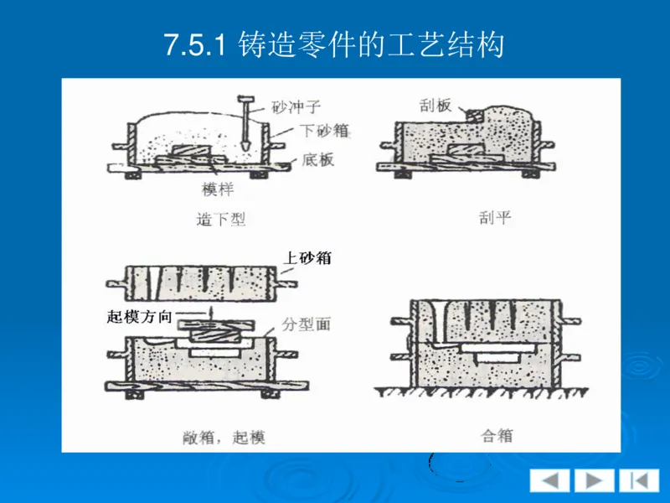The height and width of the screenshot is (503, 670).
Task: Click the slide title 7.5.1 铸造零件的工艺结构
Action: point(334,44)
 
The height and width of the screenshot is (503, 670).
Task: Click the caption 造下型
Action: point(220,220)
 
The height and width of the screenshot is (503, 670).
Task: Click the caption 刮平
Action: point(494,219)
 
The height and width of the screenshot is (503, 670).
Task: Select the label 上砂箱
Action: point(307,258)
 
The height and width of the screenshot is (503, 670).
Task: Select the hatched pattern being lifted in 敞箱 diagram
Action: point(211,332)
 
